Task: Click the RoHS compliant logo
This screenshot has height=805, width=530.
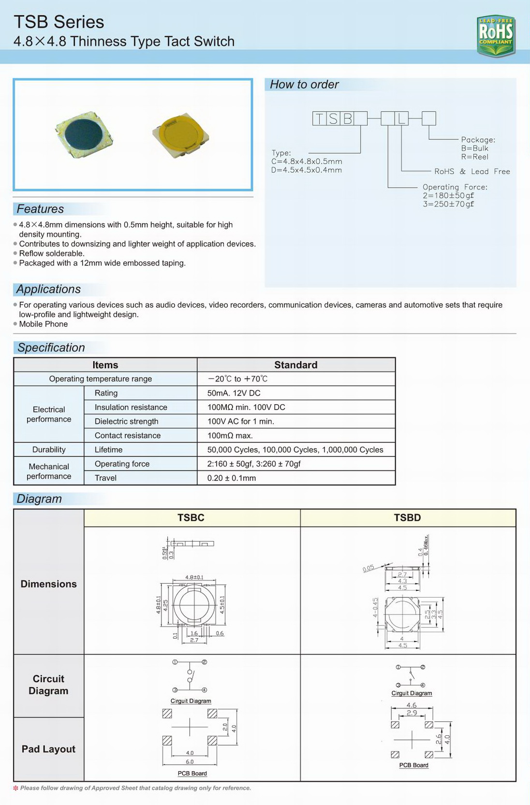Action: click(496, 35)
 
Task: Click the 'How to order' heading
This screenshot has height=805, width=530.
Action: click(304, 85)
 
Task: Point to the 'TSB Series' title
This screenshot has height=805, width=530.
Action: click(59, 22)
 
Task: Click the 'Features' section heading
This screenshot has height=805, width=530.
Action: click(40, 209)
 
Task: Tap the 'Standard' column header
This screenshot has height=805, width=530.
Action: click(295, 365)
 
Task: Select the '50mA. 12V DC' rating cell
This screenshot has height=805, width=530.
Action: click(234, 393)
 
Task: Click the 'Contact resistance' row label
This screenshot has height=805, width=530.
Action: click(128, 436)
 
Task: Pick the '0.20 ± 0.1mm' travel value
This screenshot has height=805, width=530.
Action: click(232, 478)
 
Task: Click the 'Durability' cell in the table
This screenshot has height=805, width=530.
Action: click(49, 450)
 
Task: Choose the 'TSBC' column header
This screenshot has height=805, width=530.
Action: click(191, 518)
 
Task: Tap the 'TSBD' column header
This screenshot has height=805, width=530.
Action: click(407, 518)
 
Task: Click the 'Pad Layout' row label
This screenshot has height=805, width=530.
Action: click(48, 749)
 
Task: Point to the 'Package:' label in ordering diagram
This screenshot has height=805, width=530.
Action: click(478, 140)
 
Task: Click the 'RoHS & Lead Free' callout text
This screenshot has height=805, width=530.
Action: click(472, 172)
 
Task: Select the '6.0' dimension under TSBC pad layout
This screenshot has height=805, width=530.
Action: click(190, 761)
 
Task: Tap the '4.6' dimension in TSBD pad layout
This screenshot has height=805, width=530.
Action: click(412, 705)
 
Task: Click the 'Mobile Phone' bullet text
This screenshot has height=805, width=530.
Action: click(44, 324)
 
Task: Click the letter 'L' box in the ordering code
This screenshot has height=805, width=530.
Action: click(401, 118)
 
